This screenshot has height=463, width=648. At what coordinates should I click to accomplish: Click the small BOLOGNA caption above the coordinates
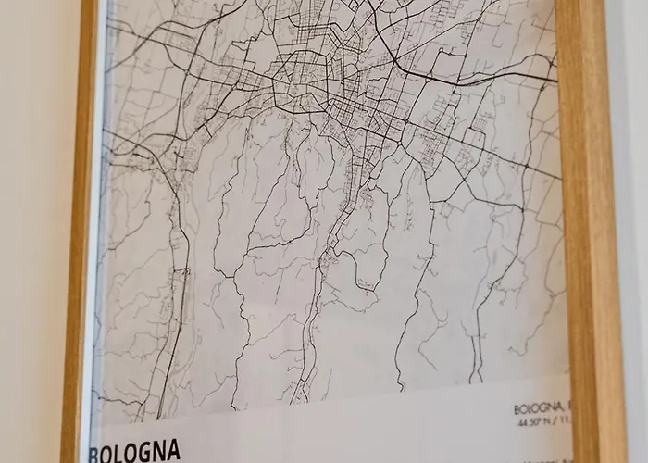tap(536, 408)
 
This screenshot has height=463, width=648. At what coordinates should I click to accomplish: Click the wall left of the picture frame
tap(32, 231)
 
